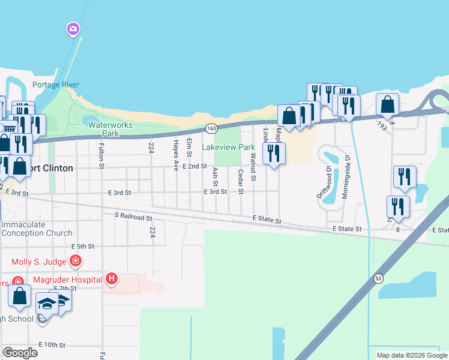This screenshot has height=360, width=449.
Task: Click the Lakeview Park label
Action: pyautogui.click(x=237, y=147)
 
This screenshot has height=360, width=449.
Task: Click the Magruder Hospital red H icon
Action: pyautogui.click(x=111, y=278)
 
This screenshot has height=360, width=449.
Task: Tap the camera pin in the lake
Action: pyautogui.click(x=73, y=29)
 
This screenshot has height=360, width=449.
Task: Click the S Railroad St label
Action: pyautogui.click(x=133, y=215)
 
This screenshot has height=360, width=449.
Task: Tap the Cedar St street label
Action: pyautogui.click(x=241, y=182)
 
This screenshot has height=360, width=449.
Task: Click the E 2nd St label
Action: pyautogui.click(x=195, y=166)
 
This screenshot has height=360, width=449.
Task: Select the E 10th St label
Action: pyautogui.click(x=52, y=345)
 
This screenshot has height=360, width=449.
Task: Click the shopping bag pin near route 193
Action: pyautogui.click(x=388, y=106)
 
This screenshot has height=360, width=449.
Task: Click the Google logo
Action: pyautogui.click(x=20, y=353)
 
